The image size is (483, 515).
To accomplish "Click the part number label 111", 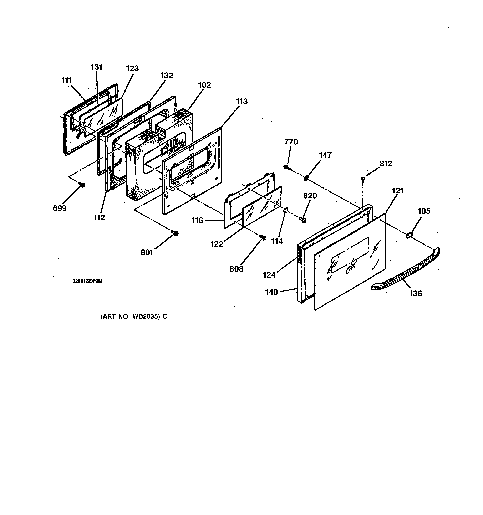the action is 66,80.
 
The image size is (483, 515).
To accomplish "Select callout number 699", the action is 60,208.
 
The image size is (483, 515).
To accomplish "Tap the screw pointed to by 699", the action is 82,184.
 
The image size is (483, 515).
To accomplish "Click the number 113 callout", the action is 242,102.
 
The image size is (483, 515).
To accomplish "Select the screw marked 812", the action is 363,179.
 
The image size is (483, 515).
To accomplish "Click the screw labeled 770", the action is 286,167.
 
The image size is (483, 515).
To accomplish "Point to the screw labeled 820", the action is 304,220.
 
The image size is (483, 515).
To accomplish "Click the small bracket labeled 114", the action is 285,211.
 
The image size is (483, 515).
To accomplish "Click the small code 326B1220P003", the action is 88,281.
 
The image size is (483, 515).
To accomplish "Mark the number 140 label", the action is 271,292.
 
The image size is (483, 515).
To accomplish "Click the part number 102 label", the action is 205,85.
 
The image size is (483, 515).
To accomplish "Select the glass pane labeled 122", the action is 262,207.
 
